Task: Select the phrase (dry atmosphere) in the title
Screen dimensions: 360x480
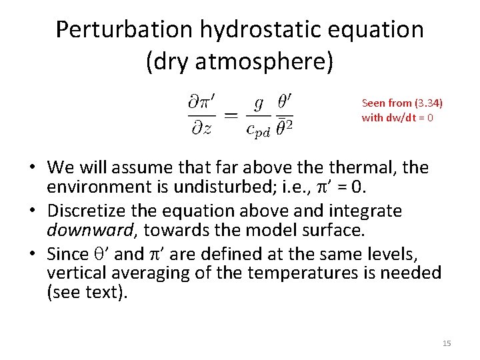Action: (239, 62)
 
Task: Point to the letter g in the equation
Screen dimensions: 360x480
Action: (259, 105)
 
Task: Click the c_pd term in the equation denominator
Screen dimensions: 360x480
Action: (258, 130)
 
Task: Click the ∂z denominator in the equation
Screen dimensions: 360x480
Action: (197, 129)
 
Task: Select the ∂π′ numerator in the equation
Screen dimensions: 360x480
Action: (198, 103)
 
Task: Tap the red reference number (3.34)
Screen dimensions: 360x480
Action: (429, 103)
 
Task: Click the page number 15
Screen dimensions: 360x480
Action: (447, 343)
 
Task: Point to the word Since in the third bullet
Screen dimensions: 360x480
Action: (68, 253)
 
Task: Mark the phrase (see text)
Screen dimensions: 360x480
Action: (86, 293)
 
